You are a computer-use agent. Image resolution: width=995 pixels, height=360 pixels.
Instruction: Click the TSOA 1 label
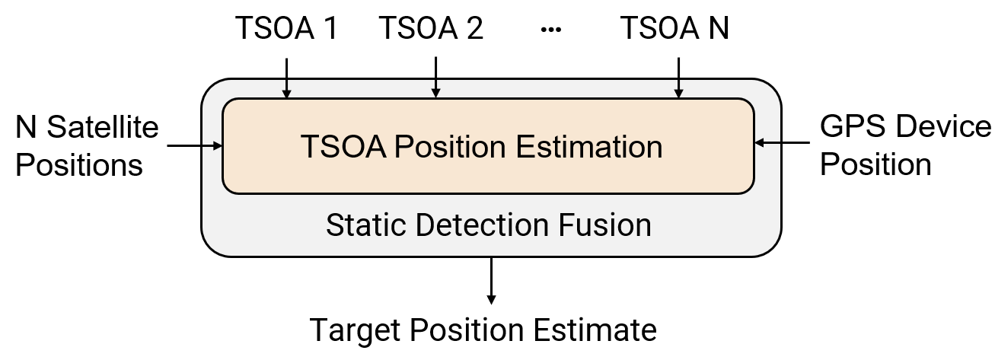(x=286, y=29)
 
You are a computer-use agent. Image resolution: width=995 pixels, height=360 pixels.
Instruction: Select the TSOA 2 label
(x=431, y=29)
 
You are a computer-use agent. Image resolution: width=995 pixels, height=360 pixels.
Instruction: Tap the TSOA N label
(x=674, y=29)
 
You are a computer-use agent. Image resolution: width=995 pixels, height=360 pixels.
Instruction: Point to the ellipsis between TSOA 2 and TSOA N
(x=550, y=30)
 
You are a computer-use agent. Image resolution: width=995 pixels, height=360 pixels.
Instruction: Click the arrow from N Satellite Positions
(x=193, y=145)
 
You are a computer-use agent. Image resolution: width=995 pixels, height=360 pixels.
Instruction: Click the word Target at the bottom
(x=355, y=330)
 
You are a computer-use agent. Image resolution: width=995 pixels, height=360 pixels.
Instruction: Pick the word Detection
(x=480, y=225)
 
